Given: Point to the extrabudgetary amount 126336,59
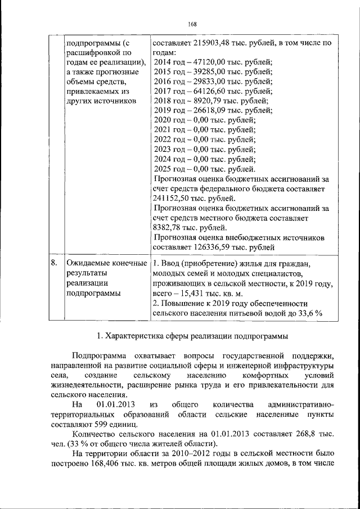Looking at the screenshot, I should tap(210, 247).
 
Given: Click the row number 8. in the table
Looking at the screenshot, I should tap(54, 263).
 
